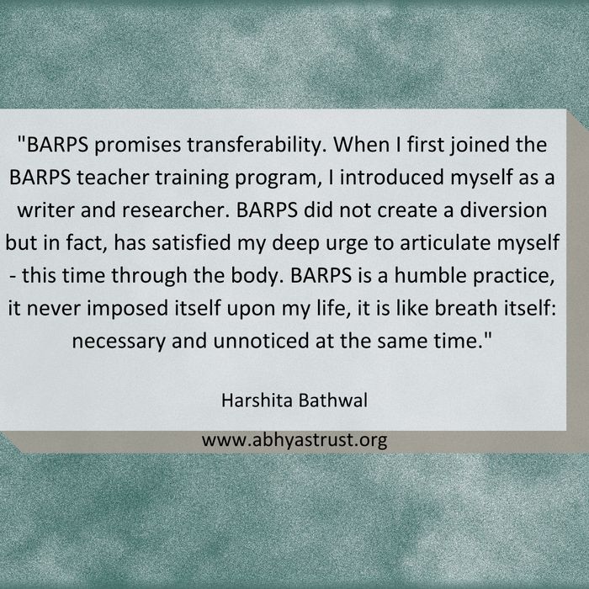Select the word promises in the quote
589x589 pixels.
(x=137, y=146)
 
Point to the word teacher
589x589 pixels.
(x=113, y=178)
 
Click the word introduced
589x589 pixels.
(x=392, y=178)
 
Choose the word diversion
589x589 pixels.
(x=503, y=210)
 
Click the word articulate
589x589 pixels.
(x=445, y=242)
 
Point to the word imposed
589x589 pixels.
(x=128, y=309)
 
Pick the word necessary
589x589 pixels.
(x=119, y=342)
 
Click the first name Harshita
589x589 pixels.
(x=257, y=401)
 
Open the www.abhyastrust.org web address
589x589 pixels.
(x=294, y=440)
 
